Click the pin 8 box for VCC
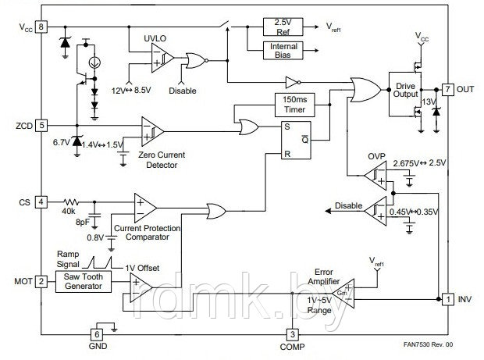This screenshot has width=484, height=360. (x=41, y=27)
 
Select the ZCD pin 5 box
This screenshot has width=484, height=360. (x=41, y=126)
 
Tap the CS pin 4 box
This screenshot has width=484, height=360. (x=41, y=202)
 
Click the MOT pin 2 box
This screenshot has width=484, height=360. (x=41, y=281)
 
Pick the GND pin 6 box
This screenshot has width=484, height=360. (x=97, y=335)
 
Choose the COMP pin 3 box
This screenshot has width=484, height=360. (x=292, y=335)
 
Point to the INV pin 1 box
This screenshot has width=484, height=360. (x=448, y=299)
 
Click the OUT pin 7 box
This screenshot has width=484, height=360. (x=448, y=90)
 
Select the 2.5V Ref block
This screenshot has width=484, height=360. (x=283, y=27)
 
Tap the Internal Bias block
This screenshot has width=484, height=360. (x=283, y=50)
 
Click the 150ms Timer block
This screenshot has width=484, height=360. (x=295, y=105)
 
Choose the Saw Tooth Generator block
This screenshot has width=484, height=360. (x=84, y=282)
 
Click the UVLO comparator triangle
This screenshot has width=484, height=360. (x=161, y=58)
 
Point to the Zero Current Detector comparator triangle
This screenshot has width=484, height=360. (x=151, y=131)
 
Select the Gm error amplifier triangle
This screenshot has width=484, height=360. (x=344, y=294)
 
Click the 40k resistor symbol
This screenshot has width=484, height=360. (x=71, y=202)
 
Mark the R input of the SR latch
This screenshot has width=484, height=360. (x=287, y=154)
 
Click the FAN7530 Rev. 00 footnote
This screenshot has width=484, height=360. (x=428, y=344)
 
